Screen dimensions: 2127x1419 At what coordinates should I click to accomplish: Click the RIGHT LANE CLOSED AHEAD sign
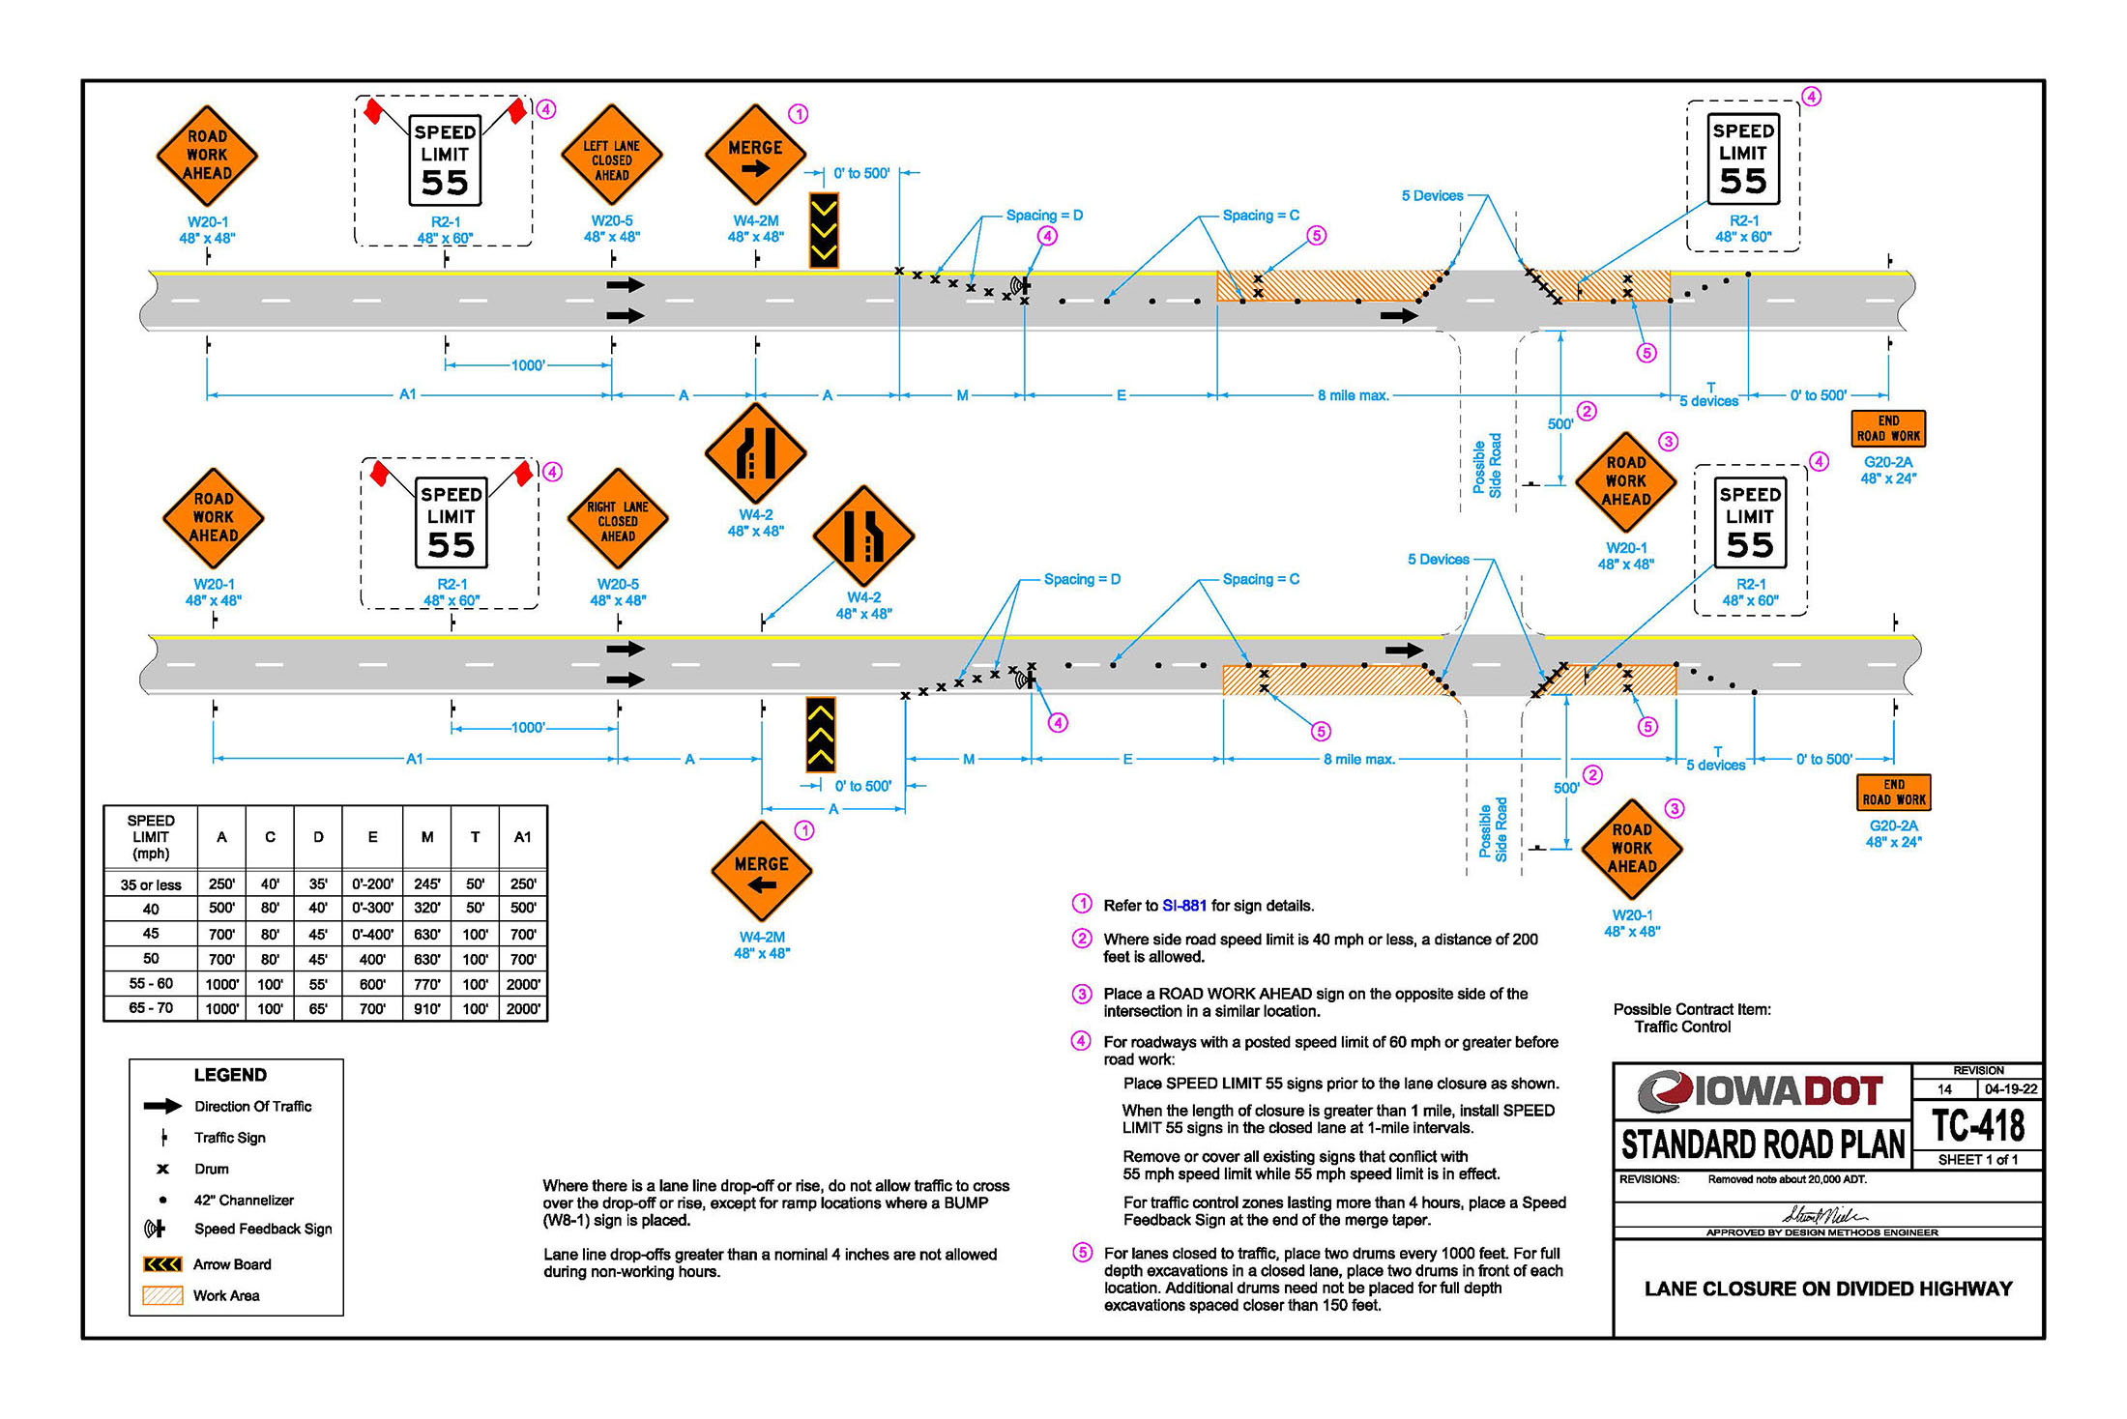[618, 520]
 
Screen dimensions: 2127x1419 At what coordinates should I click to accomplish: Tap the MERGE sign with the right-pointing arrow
[756, 155]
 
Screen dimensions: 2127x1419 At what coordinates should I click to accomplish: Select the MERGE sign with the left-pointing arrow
[762, 872]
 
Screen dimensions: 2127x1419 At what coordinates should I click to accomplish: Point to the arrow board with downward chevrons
[824, 230]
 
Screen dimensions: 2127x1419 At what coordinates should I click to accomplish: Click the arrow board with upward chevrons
[821, 735]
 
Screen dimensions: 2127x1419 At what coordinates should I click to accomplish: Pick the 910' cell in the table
[427, 1008]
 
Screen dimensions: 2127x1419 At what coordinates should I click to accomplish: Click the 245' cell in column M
[427, 883]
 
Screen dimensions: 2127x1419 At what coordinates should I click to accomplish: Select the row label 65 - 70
[151, 1007]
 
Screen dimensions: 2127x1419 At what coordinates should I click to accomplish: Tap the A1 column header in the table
[523, 837]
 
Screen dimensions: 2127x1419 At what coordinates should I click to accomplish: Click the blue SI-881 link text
[1184, 906]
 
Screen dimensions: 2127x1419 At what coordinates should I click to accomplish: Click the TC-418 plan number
[1978, 1125]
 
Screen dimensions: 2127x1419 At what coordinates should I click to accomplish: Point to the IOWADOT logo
[1761, 1091]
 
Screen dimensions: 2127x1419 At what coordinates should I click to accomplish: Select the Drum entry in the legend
[212, 1169]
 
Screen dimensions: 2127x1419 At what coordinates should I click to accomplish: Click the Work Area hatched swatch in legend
[162, 1296]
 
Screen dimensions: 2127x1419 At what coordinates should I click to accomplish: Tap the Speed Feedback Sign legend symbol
[155, 1229]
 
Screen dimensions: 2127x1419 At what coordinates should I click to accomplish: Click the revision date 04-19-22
[2011, 1088]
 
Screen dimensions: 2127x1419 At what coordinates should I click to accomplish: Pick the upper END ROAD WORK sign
[1888, 428]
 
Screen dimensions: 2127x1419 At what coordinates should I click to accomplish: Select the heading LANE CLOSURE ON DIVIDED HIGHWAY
[1828, 1289]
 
